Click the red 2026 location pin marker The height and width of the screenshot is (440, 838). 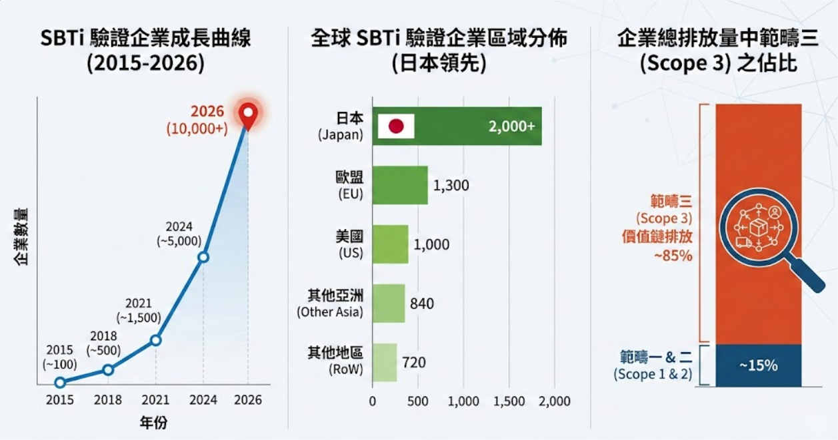tap(248, 114)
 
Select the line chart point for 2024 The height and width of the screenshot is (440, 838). tap(204, 257)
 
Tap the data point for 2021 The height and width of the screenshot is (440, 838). tap(156, 340)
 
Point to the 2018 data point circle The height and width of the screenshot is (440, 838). tap(108, 369)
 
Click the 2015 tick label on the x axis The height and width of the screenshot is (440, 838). tap(60, 400)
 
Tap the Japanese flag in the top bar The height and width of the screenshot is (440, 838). tap(396, 126)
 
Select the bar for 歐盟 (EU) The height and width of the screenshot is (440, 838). tap(399, 185)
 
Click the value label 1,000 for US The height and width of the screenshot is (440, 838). tap(431, 244)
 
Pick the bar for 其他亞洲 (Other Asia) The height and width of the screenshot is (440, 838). tap(389, 304)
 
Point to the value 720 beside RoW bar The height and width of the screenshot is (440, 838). tap(413, 363)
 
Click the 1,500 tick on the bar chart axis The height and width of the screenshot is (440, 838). tap(510, 401)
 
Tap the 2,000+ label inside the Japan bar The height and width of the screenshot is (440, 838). tap(511, 126)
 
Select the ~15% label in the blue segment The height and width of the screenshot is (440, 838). tap(758, 365)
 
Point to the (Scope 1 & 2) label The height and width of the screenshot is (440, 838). tap(652, 375)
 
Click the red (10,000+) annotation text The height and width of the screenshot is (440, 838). tap(197, 129)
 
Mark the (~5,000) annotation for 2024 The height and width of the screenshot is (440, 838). tap(179, 242)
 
